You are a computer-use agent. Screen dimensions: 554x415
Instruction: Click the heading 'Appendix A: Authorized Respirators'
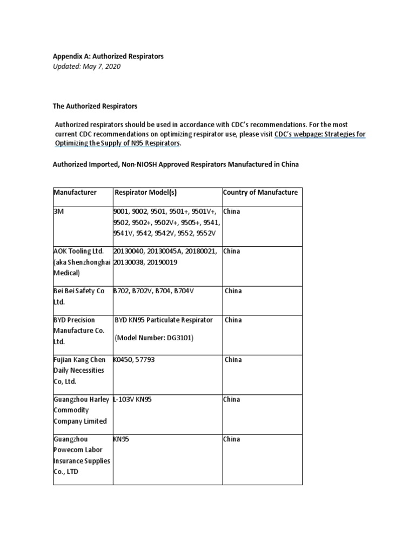point(108,56)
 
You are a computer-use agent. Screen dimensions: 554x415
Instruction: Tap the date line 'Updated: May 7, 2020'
point(86,67)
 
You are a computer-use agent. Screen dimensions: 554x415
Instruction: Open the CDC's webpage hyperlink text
point(320,134)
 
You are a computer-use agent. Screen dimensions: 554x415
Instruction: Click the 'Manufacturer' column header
point(75,193)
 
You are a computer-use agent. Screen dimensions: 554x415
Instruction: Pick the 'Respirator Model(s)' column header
point(145,193)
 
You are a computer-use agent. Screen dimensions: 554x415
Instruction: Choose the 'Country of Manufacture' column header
point(260,193)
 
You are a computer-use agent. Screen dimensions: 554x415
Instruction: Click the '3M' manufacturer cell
point(58,212)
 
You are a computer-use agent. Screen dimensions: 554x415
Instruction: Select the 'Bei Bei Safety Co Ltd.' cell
point(78,296)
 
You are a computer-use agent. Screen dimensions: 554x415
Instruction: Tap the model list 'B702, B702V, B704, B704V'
point(153,291)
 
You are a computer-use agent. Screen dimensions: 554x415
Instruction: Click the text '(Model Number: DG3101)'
point(154,338)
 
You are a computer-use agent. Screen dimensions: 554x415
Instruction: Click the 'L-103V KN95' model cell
point(135,400)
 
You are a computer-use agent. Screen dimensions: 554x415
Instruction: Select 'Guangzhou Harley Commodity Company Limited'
point(80,410)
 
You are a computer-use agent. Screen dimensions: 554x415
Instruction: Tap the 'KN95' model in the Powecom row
point(121,439)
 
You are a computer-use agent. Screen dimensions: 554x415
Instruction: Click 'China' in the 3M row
point(232,212)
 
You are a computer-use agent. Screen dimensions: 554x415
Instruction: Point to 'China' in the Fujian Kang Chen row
point(233,360)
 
